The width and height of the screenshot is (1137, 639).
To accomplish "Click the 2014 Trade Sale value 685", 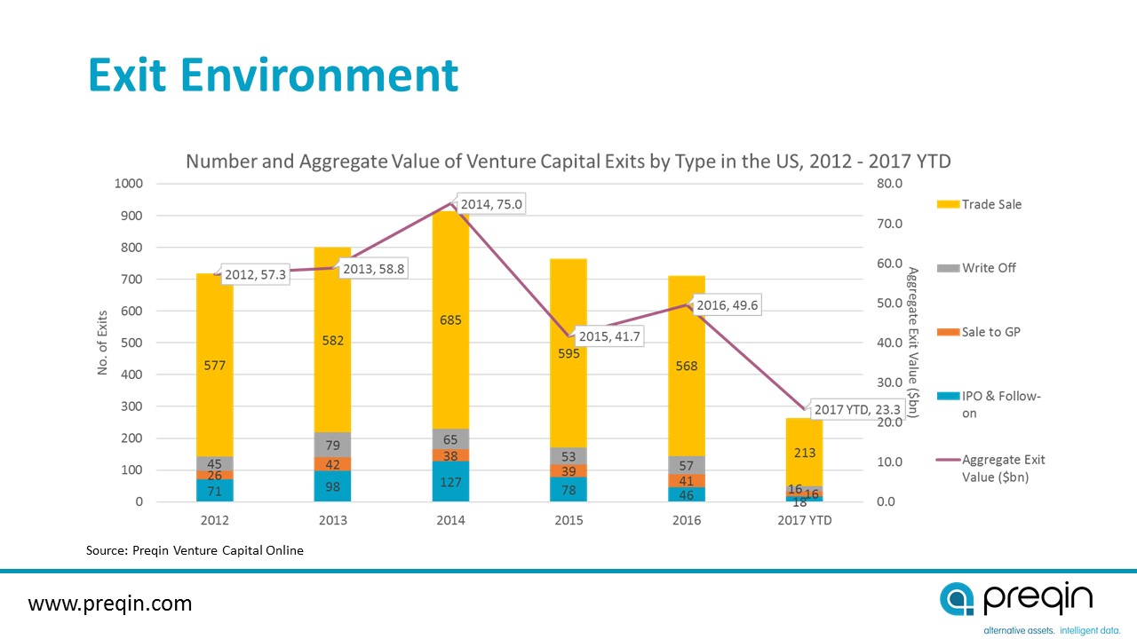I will [x=450, y=320].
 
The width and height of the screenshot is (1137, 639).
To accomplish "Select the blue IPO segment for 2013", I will [x=333, y=486].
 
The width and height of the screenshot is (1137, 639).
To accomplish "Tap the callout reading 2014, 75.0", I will [x=491, y=205].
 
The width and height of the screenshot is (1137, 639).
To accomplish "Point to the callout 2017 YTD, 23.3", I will [x=857, y=410].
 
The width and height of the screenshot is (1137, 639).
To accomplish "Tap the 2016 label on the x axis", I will [x=687, y=520].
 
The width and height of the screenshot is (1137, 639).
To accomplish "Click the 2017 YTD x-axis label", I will [x=804, y=520].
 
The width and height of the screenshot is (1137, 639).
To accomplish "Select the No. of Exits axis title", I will [x=102, y=342].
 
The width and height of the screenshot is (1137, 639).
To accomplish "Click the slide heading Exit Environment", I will [x=273, y=76].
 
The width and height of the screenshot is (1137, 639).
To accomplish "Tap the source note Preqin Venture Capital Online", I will [x=195, y=550].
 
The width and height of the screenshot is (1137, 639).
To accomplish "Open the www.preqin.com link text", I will [x=110, y=604].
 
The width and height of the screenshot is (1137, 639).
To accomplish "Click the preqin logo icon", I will [x=958, y=599].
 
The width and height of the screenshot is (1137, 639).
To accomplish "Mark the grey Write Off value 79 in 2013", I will [x=333, y=445].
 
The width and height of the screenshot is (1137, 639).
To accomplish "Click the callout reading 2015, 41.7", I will [x=611, y=337].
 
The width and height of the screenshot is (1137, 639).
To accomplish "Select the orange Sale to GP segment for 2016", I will [x=687, y=480].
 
